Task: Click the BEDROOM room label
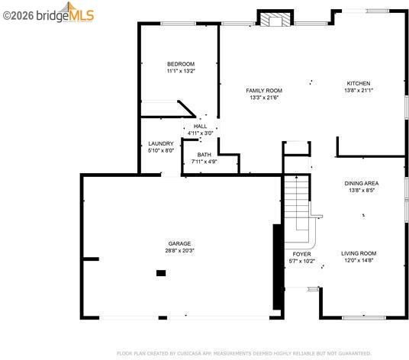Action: (181, 64)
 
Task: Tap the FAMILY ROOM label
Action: (264, 91)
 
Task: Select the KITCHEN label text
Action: (359, 83)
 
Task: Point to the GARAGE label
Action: (179, 244)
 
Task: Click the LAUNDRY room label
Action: (161, 143)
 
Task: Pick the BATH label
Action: (204, 155)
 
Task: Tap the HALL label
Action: (201, 127)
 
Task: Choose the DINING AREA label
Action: (362, 184)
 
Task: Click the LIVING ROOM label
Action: (359, 253)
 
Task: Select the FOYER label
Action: (302, 254)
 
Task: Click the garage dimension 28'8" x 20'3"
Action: (180, 251)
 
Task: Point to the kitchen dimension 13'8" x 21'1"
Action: (359, 91)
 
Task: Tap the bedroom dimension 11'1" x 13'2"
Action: (181, 71)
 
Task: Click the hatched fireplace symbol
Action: (275, 20)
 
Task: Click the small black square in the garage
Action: (161, 273)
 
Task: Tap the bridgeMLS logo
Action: (49, 13)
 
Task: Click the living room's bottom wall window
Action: (364, 318)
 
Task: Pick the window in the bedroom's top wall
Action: (178, 24)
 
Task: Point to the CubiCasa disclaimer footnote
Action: (244, 353)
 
